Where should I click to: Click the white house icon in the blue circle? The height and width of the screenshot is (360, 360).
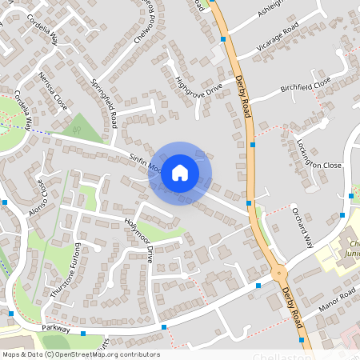180,172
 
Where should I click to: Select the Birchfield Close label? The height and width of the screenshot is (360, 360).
305,85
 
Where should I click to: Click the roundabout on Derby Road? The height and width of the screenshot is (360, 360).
279,273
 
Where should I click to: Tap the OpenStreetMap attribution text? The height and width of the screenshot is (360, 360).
80,354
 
